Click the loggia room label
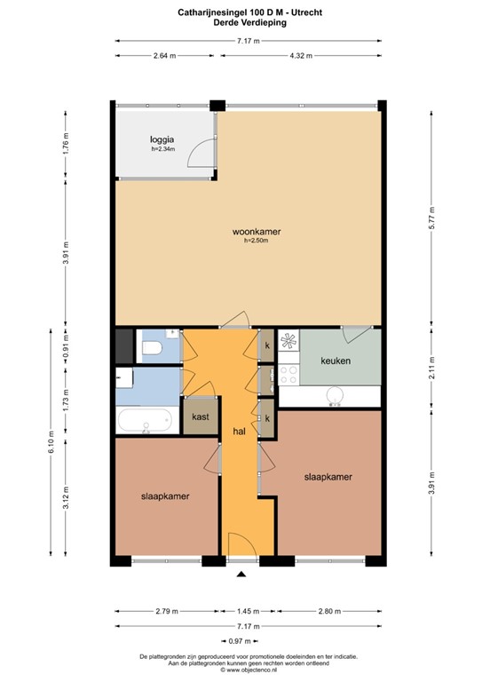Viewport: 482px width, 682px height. click(161, 139)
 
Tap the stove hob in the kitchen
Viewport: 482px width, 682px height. click(290, 339)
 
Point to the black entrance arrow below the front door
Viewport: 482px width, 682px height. click(241, 575)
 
